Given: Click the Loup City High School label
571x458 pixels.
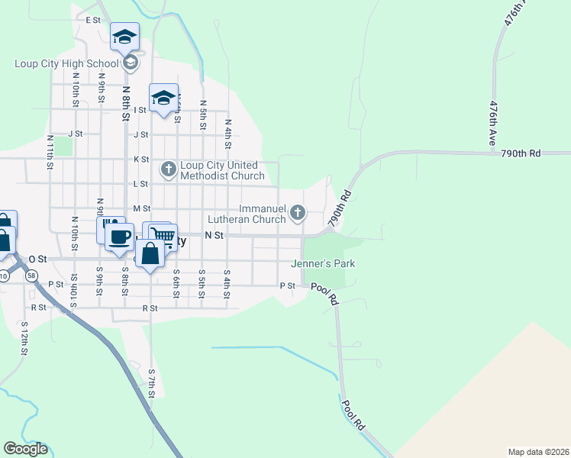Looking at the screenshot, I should coord(67,64).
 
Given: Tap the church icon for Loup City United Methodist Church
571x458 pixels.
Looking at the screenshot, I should coord(168,168).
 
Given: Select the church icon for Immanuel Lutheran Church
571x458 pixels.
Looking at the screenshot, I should coord(298,211).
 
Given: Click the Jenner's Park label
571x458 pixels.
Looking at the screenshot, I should coord(324,264).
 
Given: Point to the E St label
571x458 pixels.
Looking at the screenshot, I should coord(94,20).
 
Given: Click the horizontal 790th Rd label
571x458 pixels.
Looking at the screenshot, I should coord(521,153).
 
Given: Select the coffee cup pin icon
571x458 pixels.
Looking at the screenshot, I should coord(120,236).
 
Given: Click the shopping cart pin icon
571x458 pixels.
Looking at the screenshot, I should coord(162,234).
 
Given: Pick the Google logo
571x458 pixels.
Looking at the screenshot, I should coord(26,449).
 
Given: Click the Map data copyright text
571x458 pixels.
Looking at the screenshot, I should coord(539,452).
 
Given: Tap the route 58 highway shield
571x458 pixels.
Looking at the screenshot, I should coord(31,275).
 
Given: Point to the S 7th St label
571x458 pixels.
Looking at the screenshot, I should coord(152,383).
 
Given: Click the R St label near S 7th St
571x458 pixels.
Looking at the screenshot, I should coord(149,308).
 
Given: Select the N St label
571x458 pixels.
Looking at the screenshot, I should coord(214,236).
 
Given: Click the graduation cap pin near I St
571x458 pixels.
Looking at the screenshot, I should coord(163,97).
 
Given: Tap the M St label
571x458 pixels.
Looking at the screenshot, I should coord(141,208).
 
